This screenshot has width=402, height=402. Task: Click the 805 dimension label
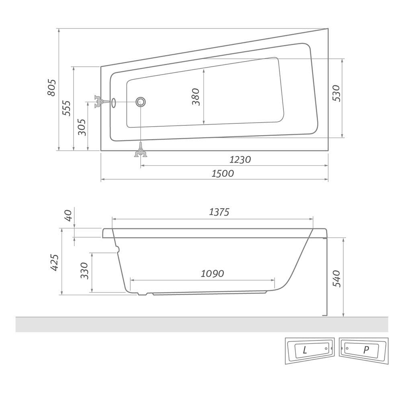[x=51, y=88]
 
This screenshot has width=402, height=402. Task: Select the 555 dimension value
[x=66, y=108]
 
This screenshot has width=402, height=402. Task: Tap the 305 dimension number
[x=82, y=127]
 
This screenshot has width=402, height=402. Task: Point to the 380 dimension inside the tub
[x=196, y=96]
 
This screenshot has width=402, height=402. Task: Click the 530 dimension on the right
[x=336, y=93]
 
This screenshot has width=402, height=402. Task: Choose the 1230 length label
[x=240, y=160]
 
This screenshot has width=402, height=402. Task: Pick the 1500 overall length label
[x=223, y=174]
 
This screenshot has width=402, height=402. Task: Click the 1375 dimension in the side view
[x=219, y=212]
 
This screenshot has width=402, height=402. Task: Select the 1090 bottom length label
[x=212, y=273]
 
